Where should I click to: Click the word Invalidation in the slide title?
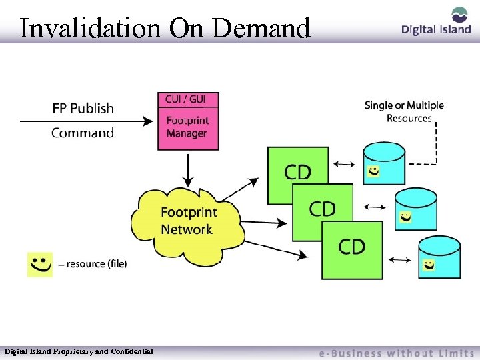pyautogui.click(x=90, y=28)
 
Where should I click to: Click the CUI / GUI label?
pyautogui.click(x=187, y=99)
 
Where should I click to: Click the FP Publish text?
pyautogui.click(x=83, y=108)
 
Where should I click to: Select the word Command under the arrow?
pyautogui.click(x=83, y=133)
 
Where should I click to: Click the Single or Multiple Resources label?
pyautogui.click(x=404, y=112)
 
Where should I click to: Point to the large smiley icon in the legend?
pyautogui.click(x=40, y=264)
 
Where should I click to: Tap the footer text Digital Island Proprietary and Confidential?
pyautogui.click(x=79, y=351)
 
